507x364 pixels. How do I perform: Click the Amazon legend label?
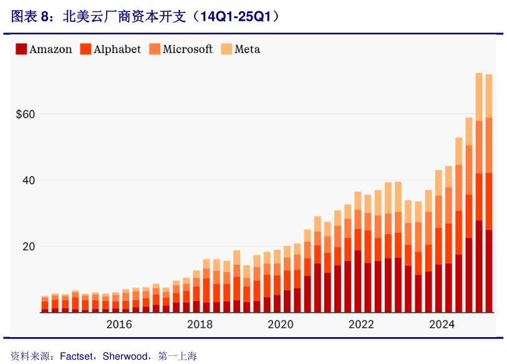tap(51, 49)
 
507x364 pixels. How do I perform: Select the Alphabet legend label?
tap(117, 49)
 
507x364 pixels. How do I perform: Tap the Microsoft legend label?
tap(188, 49)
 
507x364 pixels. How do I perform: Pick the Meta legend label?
tap(247, 49)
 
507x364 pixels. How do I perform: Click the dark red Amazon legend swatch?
tap(21, 49)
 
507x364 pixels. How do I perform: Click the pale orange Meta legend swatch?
tap(226, 49)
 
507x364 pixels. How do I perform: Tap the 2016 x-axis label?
tap(119, 325)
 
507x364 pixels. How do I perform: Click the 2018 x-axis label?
tap(200, 325)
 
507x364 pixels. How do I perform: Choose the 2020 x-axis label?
tap(281, 325)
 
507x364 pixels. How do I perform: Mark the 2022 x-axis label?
tap(361, 325)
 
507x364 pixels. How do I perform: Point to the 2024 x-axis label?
tap(442, 325)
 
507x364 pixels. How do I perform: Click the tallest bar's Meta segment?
tap(479, 97)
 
